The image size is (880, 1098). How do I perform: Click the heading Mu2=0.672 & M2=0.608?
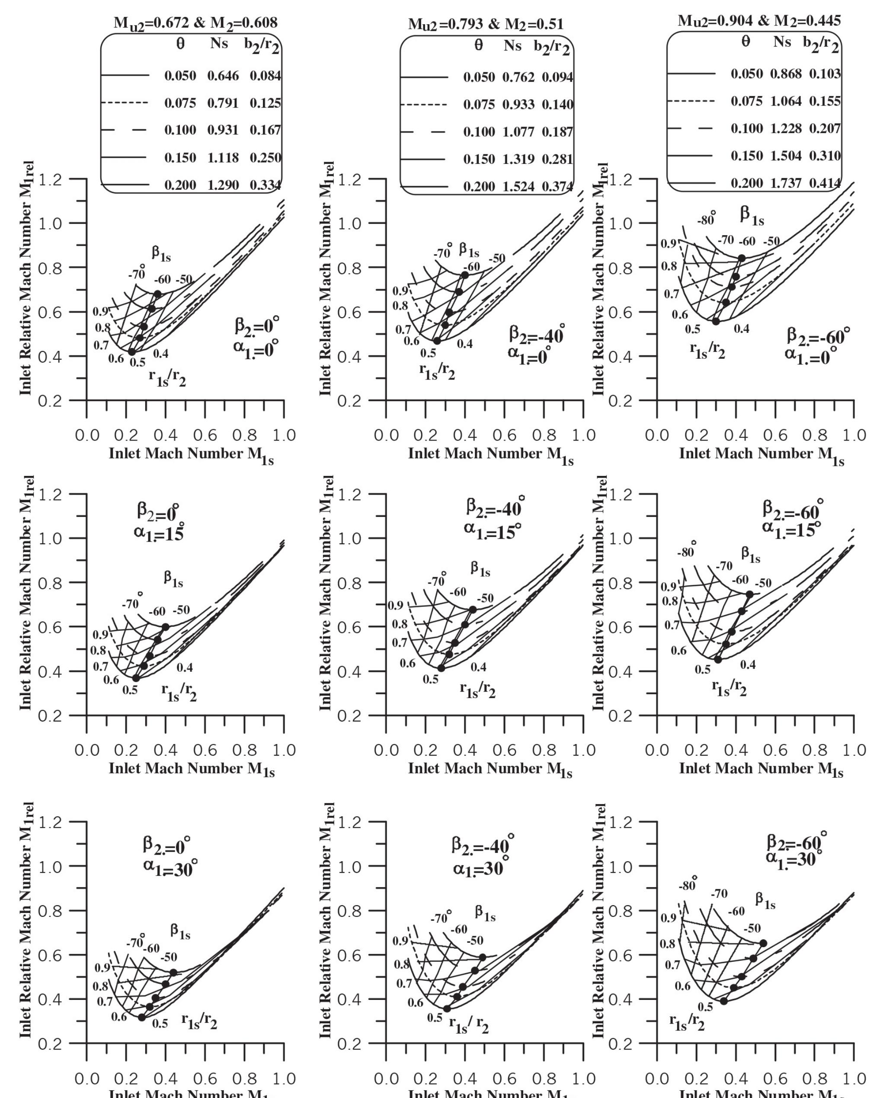click(x=195, y=23)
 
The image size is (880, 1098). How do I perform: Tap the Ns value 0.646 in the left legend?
click(x=223, y=76)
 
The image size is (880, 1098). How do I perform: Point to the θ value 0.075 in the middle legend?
click(x=478, y=105)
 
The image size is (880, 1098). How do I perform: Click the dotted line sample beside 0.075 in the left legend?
click(x=125, y=103)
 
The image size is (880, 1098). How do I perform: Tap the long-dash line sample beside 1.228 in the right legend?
click(x=691, y=128)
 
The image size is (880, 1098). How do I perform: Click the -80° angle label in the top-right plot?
click(x=706, y=220)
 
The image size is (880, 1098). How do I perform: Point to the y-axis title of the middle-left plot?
click(x=26, y=593)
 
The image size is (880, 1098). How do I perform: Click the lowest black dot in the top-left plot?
click(x=131, y=351)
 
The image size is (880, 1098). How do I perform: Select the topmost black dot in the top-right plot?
click(x=741, y=258)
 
